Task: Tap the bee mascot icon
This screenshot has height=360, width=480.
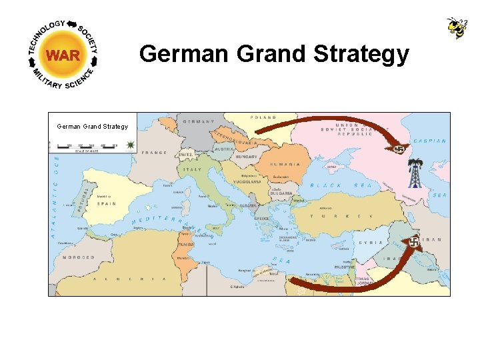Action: click(457, 28)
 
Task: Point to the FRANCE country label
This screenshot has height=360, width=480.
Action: click(154, 153)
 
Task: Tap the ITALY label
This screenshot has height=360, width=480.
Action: click(193, 169)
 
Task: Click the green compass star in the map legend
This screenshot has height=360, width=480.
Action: click(129, 145)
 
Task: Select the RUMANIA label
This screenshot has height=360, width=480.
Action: click(285, 164)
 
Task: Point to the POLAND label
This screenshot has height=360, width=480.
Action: click(263, 117)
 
